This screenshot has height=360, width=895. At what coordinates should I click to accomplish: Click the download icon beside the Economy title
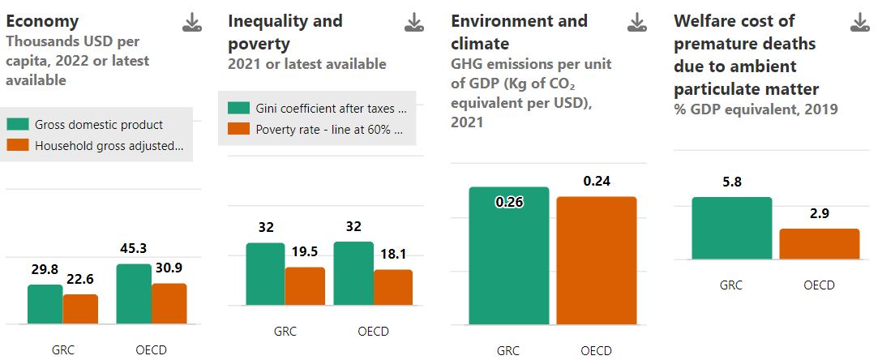coord(192,23)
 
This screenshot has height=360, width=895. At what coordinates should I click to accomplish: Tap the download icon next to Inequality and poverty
coord(415,23)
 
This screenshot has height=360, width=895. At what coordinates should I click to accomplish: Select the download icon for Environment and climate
coord(638,23)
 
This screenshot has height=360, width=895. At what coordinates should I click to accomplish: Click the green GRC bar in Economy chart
coord(45,304)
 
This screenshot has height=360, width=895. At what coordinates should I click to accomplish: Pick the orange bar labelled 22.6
coord(80,309)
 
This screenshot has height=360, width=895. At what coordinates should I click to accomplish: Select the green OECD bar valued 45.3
coord(134,294)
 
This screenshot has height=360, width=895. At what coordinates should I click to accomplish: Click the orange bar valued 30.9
coord(169,303)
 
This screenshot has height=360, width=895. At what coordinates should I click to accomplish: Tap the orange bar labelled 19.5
coord(305,286)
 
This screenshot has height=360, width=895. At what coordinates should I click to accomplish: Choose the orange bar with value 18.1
coord(393,287)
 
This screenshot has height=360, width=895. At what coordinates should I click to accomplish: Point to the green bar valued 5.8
coord(732,228)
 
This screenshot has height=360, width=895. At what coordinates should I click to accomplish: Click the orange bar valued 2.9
coord(820,244)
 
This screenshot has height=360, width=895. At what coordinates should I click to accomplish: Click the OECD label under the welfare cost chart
coord(820,285)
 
